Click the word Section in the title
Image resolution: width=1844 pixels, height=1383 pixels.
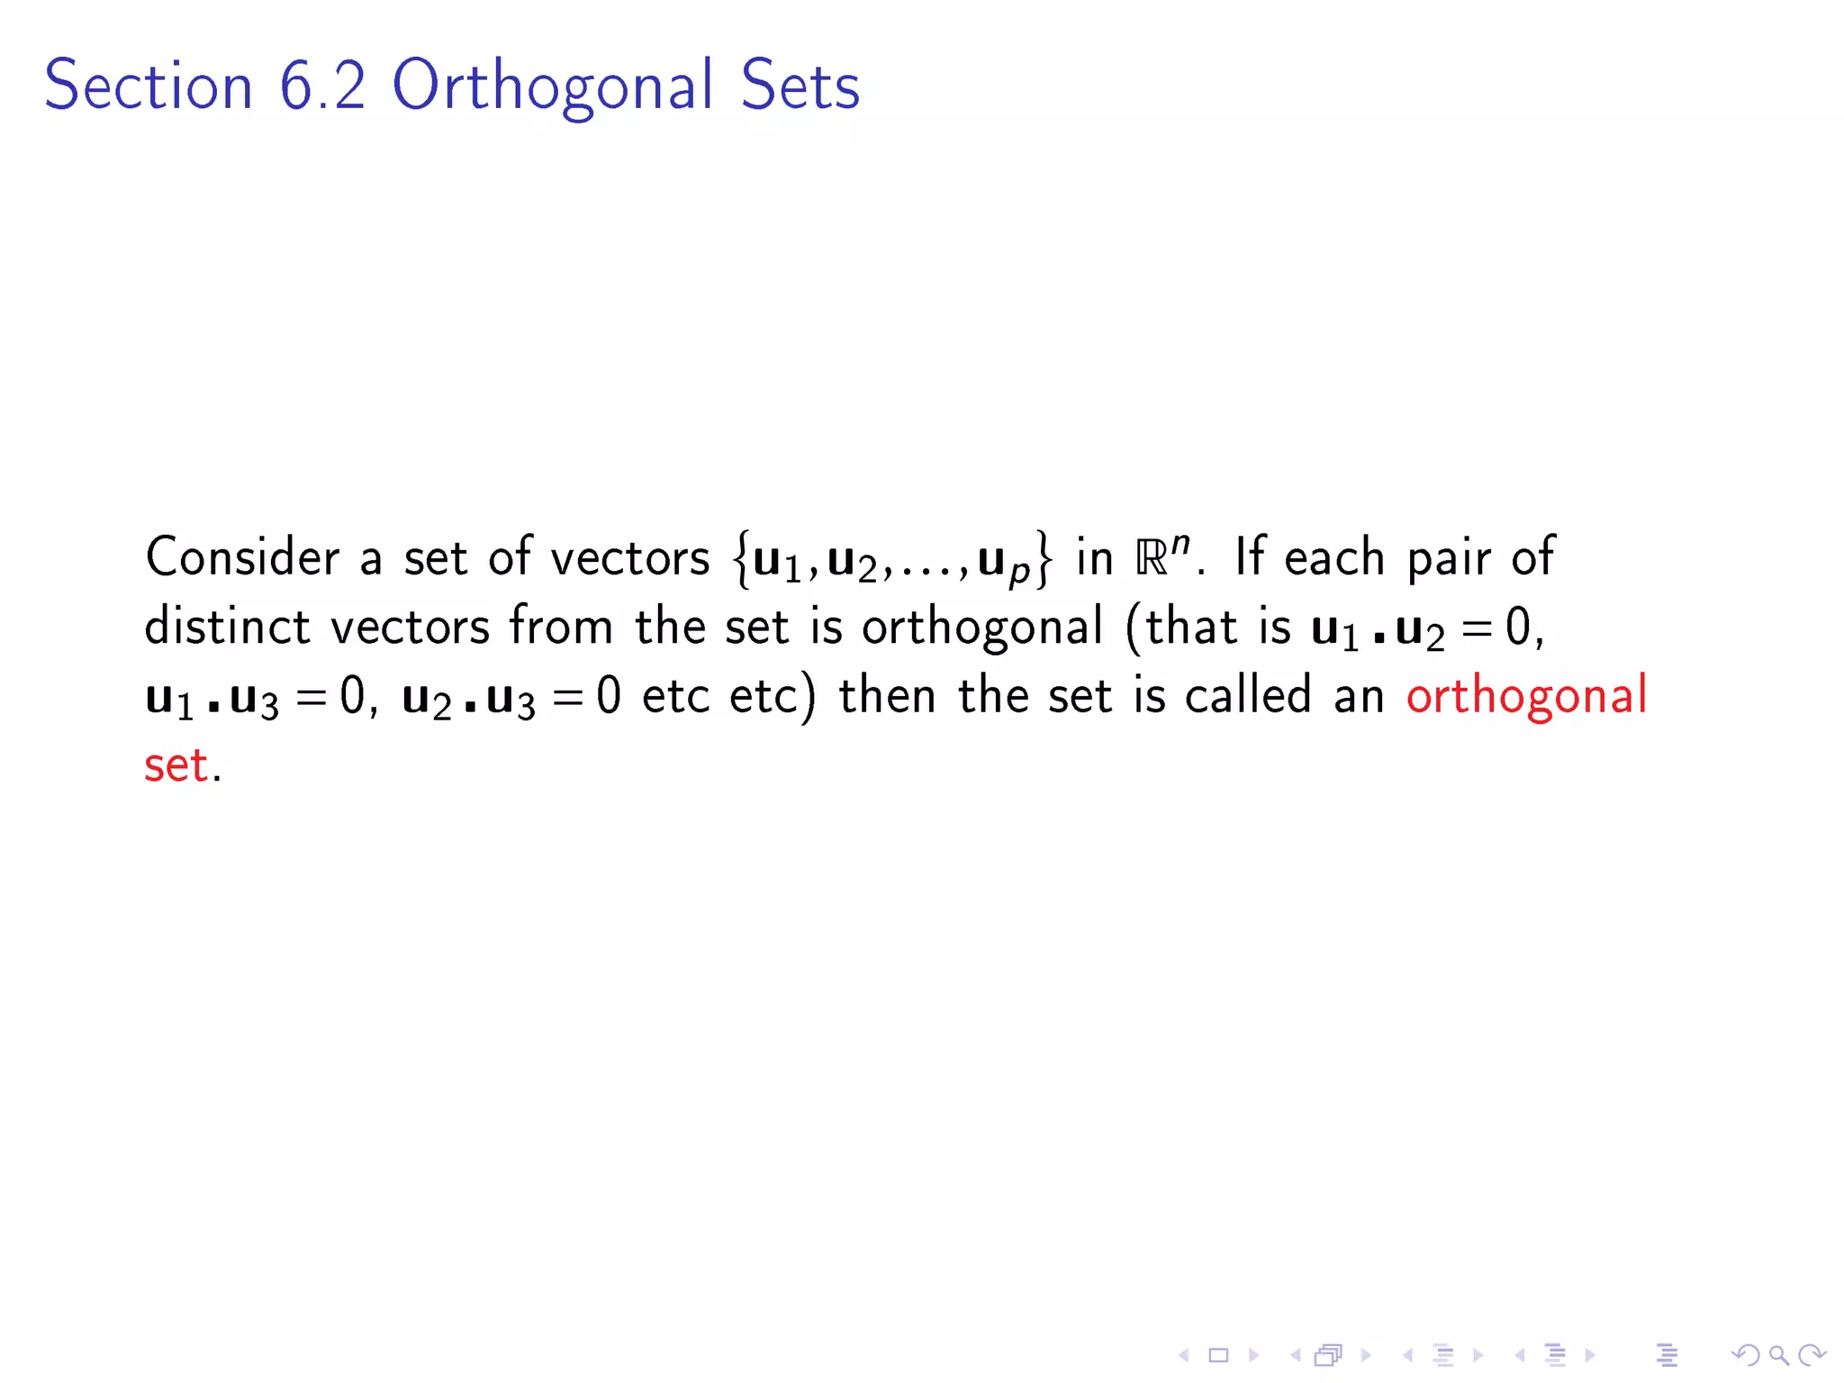(149, 86)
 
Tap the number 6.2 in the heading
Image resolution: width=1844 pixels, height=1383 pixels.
(322, 86)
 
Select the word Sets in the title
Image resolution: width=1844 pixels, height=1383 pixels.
(800, 86)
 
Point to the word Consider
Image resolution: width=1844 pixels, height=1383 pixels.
(242, 556)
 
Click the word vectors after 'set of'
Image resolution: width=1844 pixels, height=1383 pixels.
(629, 558)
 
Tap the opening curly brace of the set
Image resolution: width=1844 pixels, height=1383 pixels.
(742, 558)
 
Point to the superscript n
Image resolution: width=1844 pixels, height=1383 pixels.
(1180, 544)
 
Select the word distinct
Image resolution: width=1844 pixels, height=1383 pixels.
(227, 626)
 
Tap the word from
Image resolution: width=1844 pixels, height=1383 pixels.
(561, 626)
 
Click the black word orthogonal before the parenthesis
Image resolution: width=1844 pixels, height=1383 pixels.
(981, 628)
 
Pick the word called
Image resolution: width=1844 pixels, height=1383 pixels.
(1247, 695)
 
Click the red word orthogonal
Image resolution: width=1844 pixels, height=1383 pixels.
(1526, 697)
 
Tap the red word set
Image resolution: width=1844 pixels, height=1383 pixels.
(176, 765)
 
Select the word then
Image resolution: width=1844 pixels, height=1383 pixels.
(887, 695)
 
